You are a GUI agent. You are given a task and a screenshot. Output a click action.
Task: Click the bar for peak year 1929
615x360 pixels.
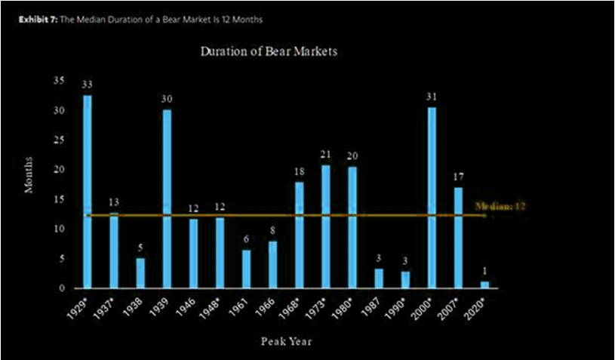pyautogui.click(x=88, y=192)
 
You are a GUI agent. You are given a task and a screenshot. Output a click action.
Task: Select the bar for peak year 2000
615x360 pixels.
pyautogui.click(x=432, y=198)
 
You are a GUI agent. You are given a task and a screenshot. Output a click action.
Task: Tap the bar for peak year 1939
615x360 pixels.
pyautogui.click(x=167, y=199)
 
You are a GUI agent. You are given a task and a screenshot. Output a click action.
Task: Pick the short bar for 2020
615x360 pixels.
pyautogui.click(x=485, y=285)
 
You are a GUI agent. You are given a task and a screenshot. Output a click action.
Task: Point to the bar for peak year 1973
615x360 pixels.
pyautogui.click(x=326, y=226)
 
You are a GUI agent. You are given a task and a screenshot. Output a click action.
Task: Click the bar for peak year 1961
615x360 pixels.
pyautogui.click(x=246, y=269)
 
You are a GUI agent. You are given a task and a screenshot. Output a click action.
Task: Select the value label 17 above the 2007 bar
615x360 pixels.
pyautogui.click(x=459, y=177)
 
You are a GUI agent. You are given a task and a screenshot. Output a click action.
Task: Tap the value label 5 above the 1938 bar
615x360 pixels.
pyautogui.click(x=140, y=248)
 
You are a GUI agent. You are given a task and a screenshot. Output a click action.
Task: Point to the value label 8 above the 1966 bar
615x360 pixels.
pyautogui.click(x=273, y=230)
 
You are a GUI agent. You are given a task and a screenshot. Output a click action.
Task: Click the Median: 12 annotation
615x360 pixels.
pyautogui.click(x=500, y=205)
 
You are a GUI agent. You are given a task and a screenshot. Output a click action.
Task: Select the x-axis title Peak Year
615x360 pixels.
pyautogui.click(x=286, y=341)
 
